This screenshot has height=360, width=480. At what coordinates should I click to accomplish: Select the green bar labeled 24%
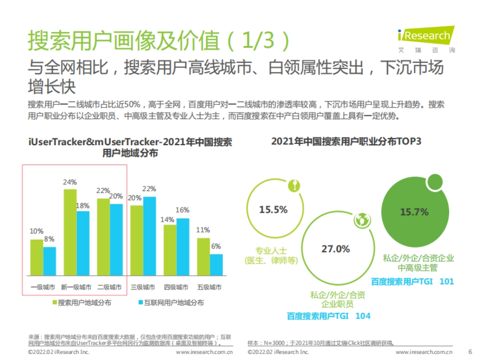70,232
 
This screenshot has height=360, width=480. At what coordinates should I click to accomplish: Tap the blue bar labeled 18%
83,243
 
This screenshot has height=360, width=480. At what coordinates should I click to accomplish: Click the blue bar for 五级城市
216,264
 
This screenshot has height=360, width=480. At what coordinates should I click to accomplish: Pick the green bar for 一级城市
37,257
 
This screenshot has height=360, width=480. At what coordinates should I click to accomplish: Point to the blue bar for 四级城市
183,247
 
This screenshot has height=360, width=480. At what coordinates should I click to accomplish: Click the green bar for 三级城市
136,240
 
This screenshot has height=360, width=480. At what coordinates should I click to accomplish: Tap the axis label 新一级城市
76,287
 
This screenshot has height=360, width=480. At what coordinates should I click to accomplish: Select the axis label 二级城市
110,287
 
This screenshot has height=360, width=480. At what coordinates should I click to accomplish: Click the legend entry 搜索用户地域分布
84,303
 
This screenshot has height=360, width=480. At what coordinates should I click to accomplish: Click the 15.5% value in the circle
273,210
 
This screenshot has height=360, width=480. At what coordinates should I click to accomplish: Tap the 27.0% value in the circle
336,249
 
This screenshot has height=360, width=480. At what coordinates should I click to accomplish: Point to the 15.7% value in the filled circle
414,212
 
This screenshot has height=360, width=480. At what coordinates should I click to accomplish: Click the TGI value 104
362,316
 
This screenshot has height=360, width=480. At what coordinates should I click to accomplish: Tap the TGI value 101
446,281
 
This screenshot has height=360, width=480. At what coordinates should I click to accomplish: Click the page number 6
470,352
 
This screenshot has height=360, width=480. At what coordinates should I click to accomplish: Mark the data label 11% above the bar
203,230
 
